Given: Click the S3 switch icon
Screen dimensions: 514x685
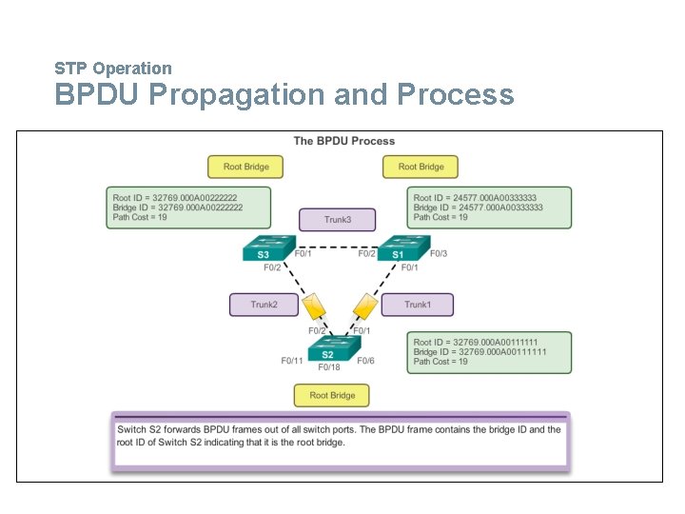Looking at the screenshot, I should coord(264,249).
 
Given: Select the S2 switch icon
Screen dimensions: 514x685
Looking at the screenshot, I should coord(329,349).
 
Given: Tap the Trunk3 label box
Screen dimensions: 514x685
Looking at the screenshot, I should coord(337,220).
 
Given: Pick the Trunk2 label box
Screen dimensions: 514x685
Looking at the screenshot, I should coord(264,305).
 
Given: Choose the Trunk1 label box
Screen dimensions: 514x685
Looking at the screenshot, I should coord(417,305).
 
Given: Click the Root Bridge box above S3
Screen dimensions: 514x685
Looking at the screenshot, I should coord(245,167).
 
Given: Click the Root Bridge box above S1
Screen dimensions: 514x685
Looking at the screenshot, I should coord(421,167).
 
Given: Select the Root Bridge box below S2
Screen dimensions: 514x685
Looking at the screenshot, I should coord(332,395).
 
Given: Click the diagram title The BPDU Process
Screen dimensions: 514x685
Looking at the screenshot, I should coord(343,141).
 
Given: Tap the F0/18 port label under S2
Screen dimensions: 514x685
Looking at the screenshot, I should coord(329,367).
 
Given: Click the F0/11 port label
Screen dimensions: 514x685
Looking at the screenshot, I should coord(292,361).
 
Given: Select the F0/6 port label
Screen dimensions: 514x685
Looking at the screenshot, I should coord(366,361).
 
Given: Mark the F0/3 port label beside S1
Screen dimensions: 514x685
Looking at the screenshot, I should coord(438,253).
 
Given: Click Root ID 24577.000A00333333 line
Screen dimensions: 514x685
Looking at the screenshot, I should coord(478,197).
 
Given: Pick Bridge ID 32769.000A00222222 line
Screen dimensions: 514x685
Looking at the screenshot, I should coord(178,208).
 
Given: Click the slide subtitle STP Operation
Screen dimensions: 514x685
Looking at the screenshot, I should coord(113,69).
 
